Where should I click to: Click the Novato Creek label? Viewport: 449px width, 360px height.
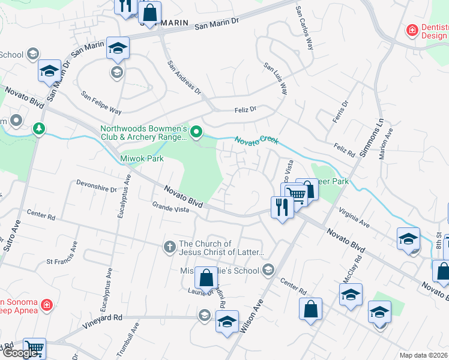click(256, 140)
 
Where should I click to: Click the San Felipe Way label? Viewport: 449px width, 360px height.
click(102, 103)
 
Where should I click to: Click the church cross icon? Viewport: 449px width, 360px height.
click(170, 247)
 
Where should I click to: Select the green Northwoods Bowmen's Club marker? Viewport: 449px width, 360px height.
click(196, 131)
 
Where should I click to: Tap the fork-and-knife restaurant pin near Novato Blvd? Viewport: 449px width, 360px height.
click(282, 208)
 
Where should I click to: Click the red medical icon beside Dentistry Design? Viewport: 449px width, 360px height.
click(412, 29)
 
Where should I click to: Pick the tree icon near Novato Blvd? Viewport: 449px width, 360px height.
click(39, 129)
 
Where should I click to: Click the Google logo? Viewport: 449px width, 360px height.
click(20, 353)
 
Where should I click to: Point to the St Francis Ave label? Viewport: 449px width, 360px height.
click(62, 255)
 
